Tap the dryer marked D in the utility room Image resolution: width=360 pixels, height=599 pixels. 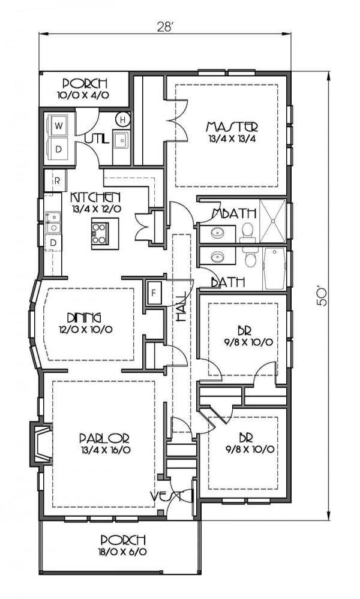pos(59,149)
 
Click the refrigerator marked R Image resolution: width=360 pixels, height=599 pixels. pos(56,180)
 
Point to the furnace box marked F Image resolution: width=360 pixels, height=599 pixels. pos(154,293)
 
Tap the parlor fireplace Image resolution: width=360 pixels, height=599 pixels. pos(41,444)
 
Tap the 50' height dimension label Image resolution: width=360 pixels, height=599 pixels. pos(323,296)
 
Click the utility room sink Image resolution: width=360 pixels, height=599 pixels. pos(121,141)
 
